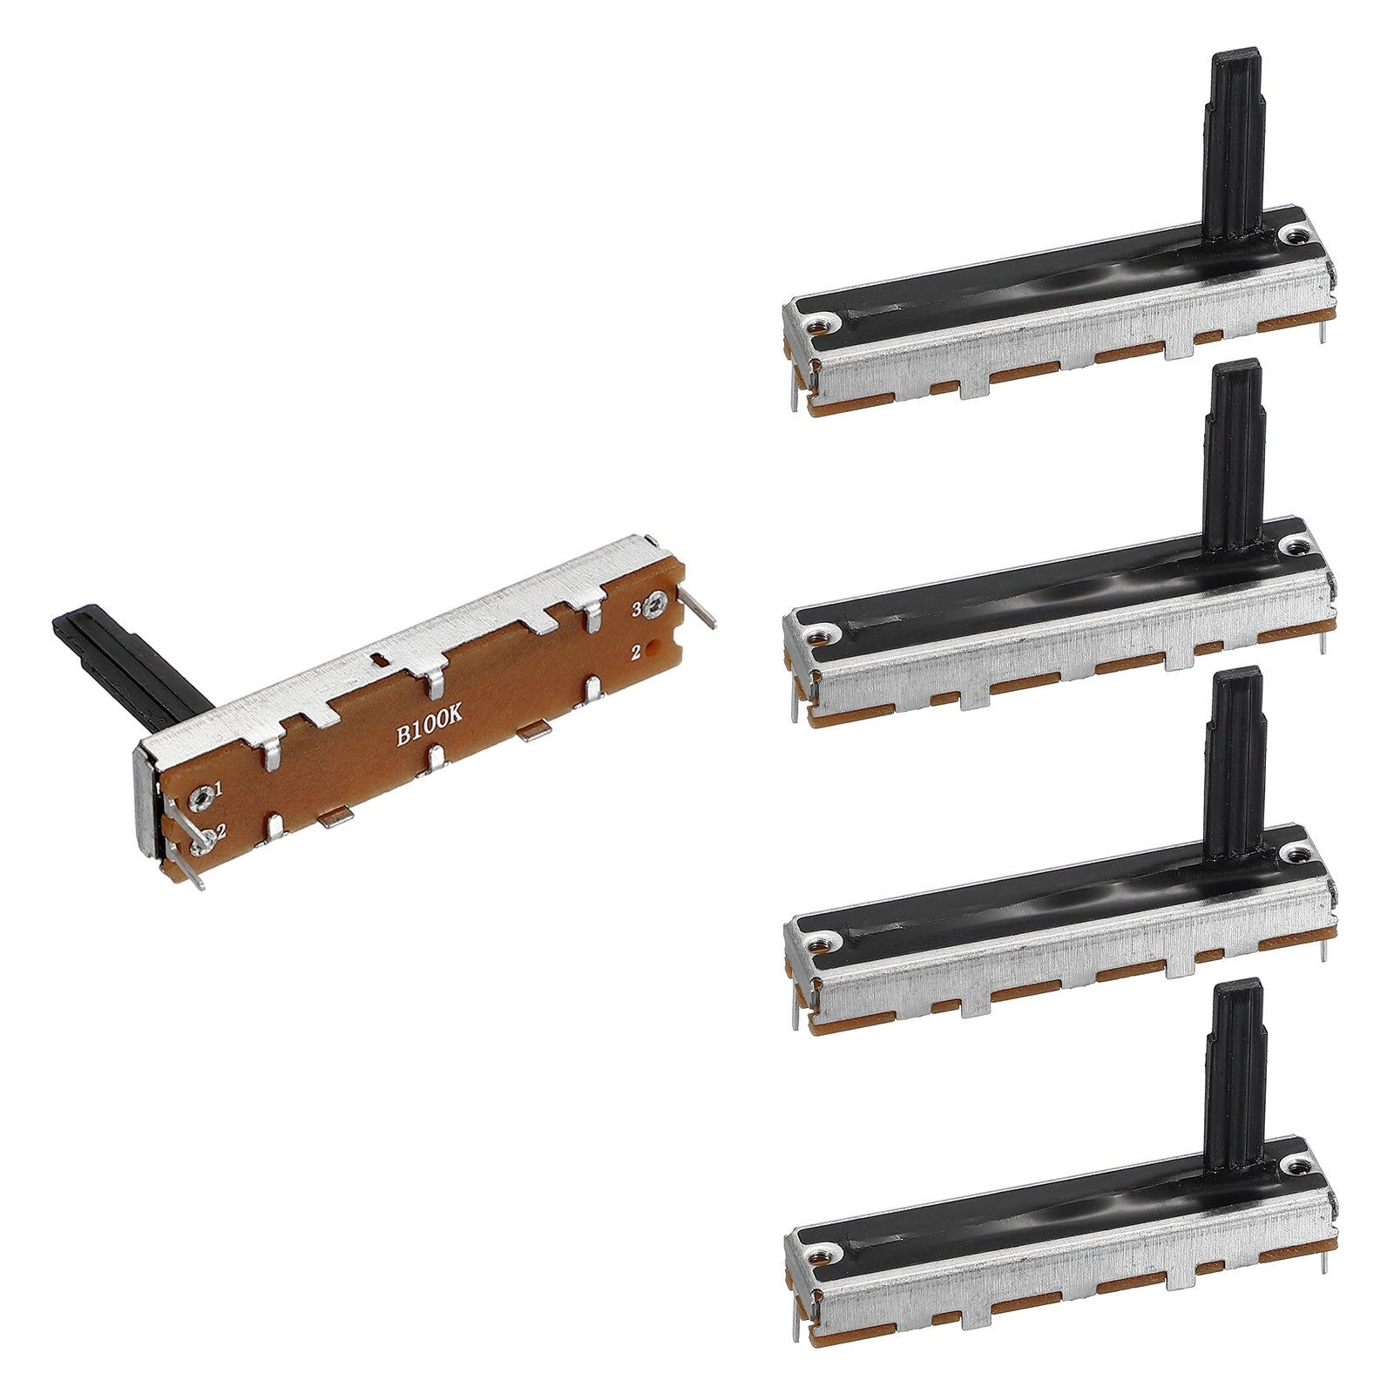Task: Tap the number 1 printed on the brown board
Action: click(x=218, y=790)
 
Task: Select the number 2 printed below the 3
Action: click(x=637, y=650)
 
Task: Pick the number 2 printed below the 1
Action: click(x=221, y=831)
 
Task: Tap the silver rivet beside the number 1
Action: click(x=204, y=792)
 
